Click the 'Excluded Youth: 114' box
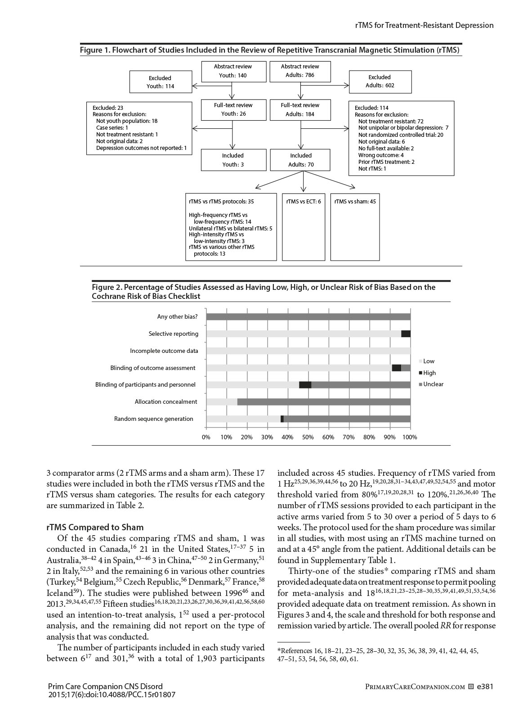click(160, 82)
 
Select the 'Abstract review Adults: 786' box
click(300, 71)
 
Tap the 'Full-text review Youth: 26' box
click(232, 109)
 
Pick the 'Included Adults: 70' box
click(300, 160)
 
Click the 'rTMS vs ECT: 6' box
click(304, 202)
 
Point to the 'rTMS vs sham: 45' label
click(355, 202)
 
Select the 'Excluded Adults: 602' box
click(380, 81)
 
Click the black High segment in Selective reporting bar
click(406, 334)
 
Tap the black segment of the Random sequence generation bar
click(282, 419)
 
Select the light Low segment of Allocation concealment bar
click(222, 402)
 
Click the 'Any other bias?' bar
click(308, 317)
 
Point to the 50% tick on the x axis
click(308, 437)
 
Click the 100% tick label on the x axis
click(410, 437)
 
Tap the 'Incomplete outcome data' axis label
click(164, 351)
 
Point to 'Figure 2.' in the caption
click(107, 287)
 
